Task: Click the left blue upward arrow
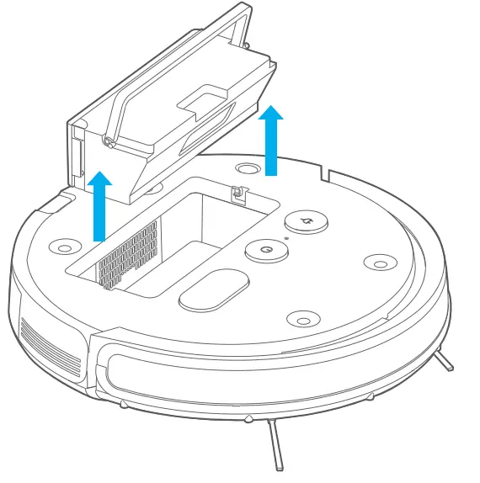100,205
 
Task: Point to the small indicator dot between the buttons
286,238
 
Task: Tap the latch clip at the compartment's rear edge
237,194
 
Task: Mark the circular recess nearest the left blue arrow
63,247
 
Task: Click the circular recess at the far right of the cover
376,262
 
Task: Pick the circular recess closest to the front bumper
302,320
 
